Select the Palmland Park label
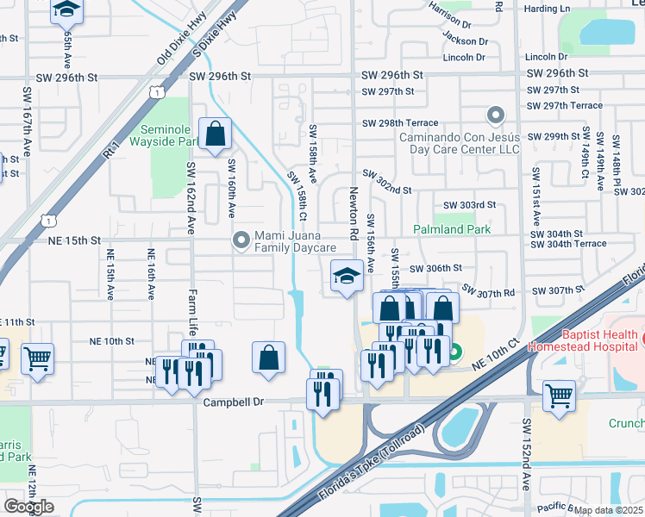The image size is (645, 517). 451,229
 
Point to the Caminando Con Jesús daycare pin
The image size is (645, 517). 495,115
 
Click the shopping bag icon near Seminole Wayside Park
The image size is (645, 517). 215,134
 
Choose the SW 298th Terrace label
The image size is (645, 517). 400,123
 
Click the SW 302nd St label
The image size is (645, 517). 387,183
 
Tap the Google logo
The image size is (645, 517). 28,507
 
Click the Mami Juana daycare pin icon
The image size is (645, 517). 241,240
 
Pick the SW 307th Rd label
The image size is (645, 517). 488,291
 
